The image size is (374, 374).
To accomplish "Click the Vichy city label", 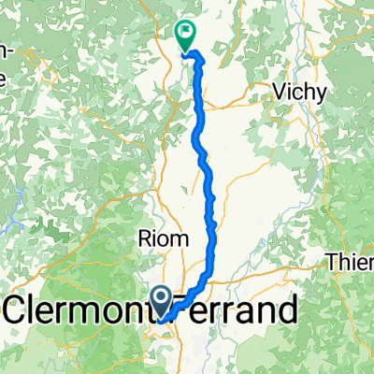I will (298, 93).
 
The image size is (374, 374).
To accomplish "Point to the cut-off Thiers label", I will (351, 264).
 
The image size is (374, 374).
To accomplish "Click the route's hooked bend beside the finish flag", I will (198, 58).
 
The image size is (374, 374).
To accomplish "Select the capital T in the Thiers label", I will (333, 264).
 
